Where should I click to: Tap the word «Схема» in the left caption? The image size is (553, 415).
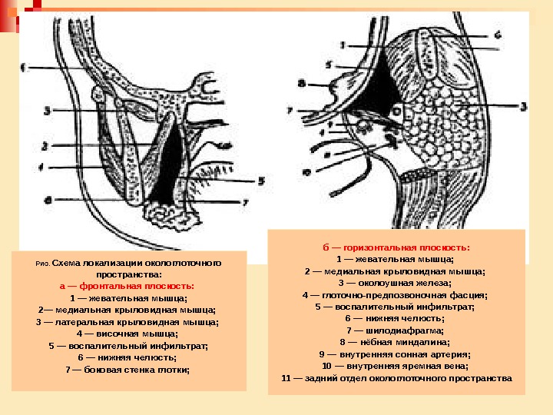(66, 262)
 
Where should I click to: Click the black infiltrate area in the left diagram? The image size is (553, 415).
(168, 165)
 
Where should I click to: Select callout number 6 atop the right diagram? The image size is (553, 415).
(497, 35)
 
